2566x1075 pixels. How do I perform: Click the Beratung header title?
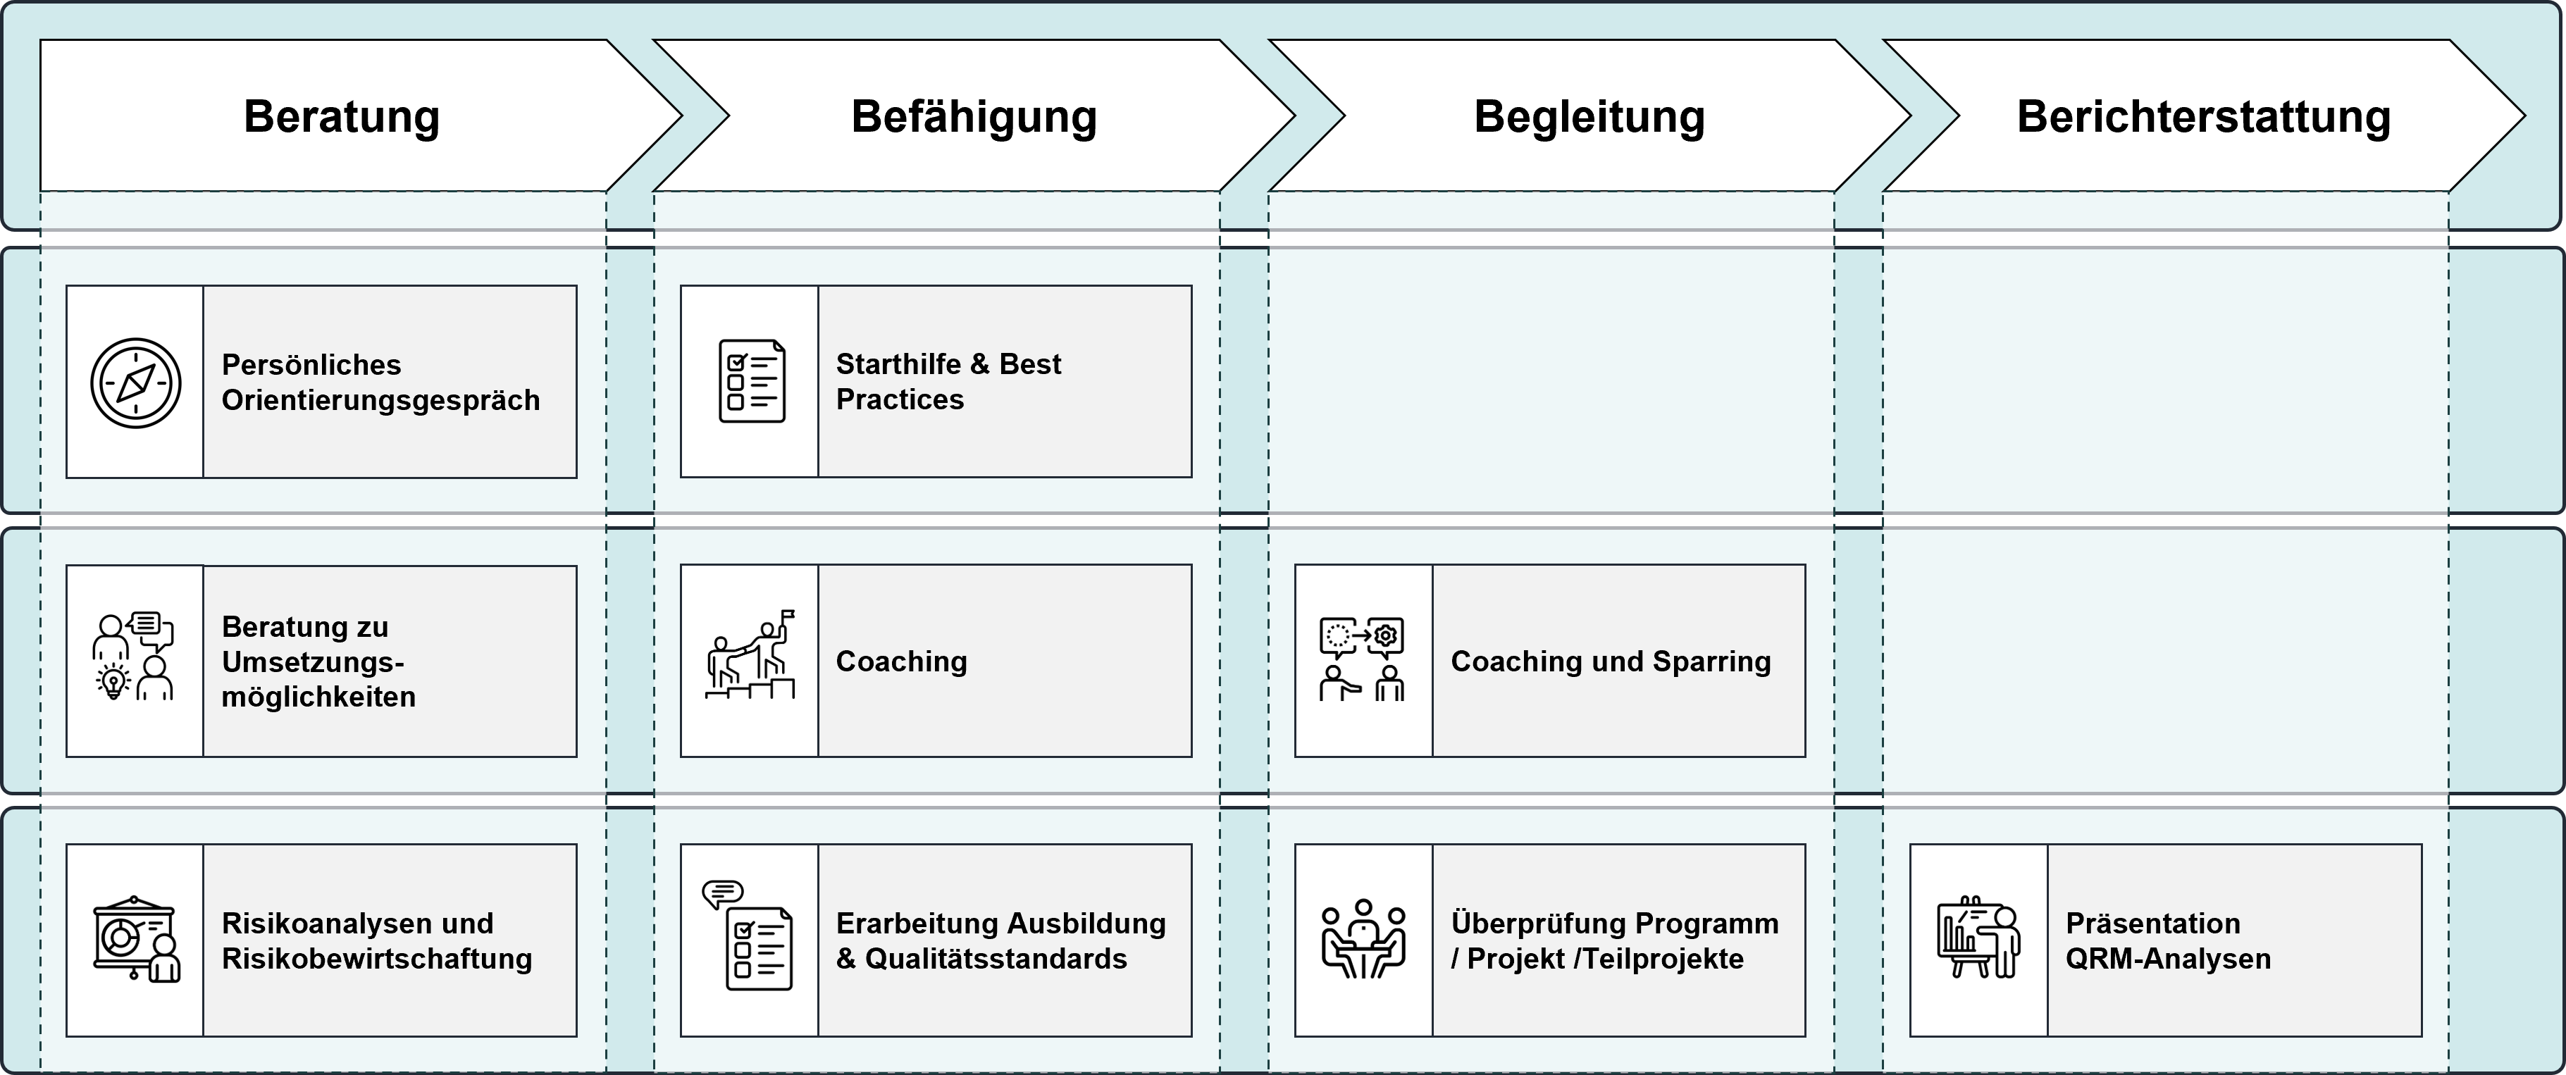tap(342, 116)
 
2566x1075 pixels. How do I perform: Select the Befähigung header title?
tap(973, 116)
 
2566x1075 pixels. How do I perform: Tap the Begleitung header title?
tap(1589, 116)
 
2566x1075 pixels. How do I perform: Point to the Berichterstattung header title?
tap(2203, 116)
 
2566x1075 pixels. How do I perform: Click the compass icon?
tap(135, 383)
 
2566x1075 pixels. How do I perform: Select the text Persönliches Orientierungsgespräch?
tap(380, 382)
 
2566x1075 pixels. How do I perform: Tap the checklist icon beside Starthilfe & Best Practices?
tap(751, 382)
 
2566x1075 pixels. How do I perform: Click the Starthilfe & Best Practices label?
tap(948, 382)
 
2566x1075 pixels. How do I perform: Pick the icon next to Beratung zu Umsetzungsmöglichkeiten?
tap(133, 657)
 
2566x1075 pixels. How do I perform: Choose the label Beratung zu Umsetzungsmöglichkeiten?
tap(318, 661)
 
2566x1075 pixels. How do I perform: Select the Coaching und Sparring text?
tap(1610, 661)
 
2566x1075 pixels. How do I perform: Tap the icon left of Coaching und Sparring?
tap(1362, 659)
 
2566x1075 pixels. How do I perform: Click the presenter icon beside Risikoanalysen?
tap(135, 940)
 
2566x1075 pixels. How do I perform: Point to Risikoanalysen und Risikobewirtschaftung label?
tap(376, 940)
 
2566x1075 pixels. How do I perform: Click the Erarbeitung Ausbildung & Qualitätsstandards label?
tap(1000, 940)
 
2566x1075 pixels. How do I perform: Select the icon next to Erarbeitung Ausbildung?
tap(749, 936)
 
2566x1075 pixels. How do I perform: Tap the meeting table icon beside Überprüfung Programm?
tap(1363, 940)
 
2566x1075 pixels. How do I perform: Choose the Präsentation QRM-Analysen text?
tap(2167, 940)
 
